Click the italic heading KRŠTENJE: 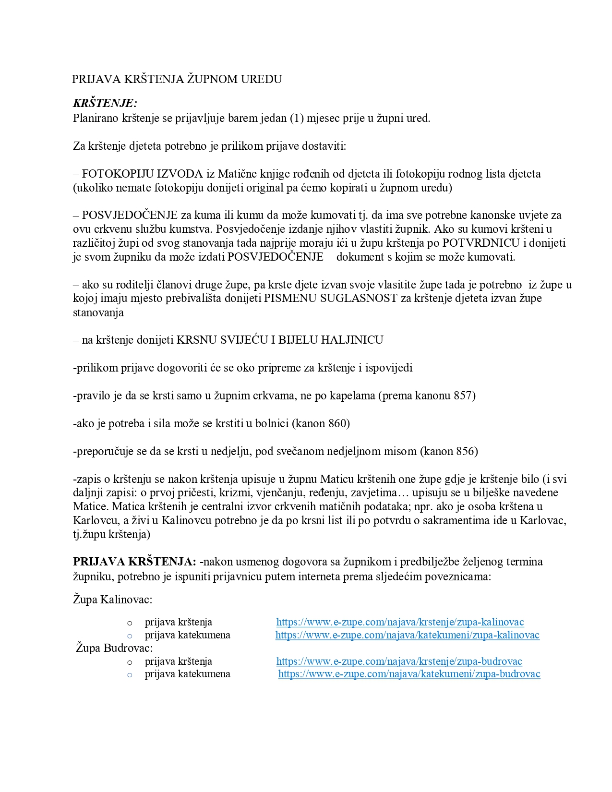(x=105, y=103)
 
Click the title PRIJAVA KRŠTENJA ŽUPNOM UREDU (x=177, y=79)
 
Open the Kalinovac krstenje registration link (x=400, y=622)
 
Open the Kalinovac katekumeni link (x=407, y=635)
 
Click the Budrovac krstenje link (x=399, y=661)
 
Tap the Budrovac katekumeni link (x=409, y=674)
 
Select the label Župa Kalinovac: (x=113, y=599)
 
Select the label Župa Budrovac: (x=114, y=648)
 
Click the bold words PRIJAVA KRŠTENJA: (x=134, y=562)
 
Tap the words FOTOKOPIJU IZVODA (x=143, y=174)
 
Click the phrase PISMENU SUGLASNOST (x=331, y=298)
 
